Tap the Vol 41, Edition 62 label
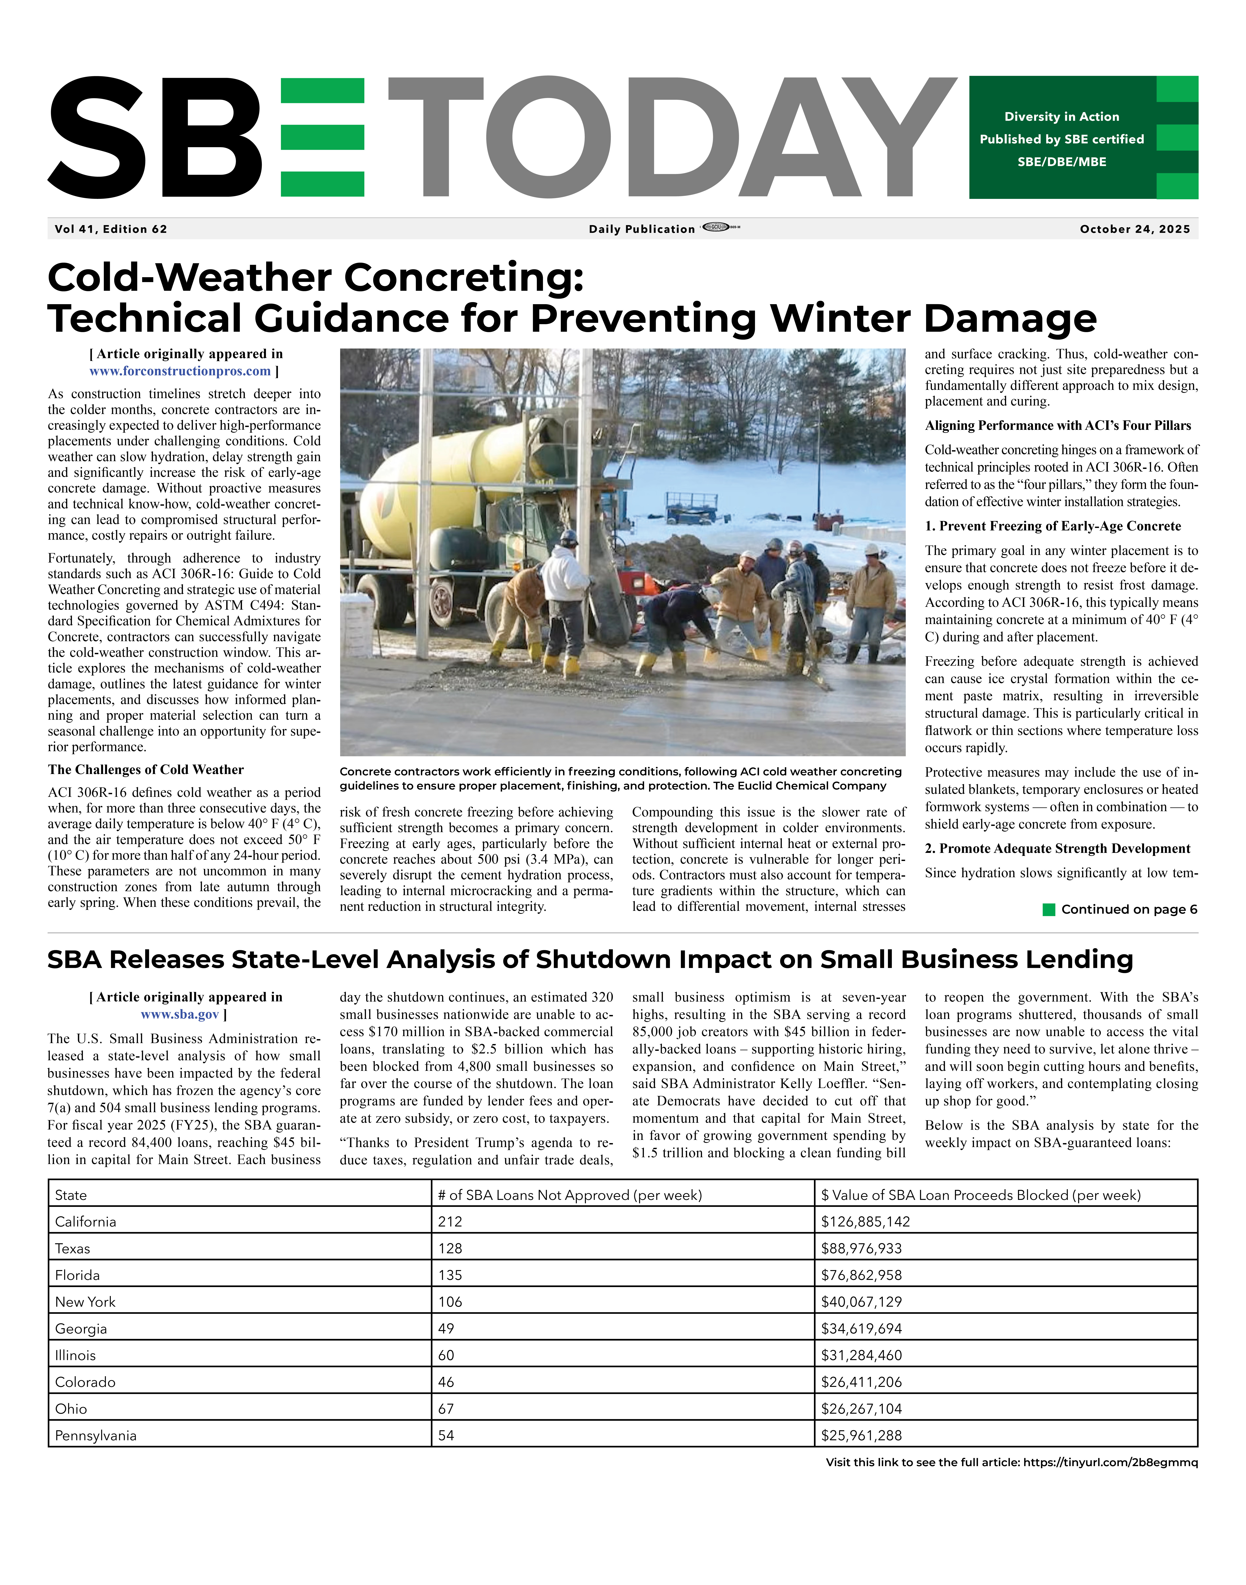click(111, 229)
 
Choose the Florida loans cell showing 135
click(450, 1275)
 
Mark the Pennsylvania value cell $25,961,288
click(861, 1436)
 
